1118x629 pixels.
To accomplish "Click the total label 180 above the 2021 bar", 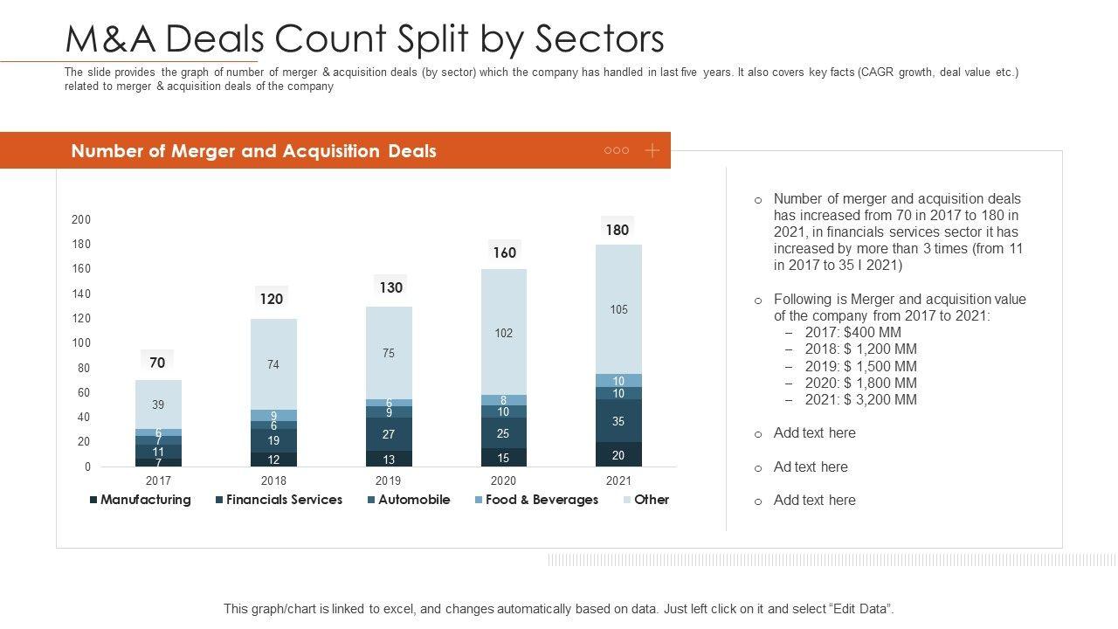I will [x=618, y=230].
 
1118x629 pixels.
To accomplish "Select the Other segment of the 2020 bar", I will [x=504, y=333].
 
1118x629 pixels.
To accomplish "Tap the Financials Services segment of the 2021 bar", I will [x=618, y=421].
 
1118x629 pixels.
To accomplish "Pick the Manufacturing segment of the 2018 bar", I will [x=273, y=460].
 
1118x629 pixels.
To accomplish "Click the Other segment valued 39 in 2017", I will [x=158, y=404].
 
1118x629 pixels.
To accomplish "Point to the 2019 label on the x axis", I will [x=389, y=480].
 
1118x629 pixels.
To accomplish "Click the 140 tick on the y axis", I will [x=81, y=294].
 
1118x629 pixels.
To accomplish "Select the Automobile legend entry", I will [x=409, y=500].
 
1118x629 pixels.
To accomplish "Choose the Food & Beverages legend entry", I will [x=536, y=500].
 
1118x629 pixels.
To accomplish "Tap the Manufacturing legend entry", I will [x=140, y=500].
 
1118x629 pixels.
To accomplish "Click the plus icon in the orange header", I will [x=652, y=150].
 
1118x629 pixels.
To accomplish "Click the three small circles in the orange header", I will [x=617, y=150].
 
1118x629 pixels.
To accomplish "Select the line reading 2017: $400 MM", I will [x=852, y=332].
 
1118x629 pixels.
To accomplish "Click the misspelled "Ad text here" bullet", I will [x=811, y=467].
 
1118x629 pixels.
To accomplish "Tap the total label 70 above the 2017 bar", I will [x=157, y=363].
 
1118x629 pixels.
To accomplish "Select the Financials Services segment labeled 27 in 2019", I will [x=389, y=434].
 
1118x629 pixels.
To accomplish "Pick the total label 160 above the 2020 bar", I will [x=504, y=252].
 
